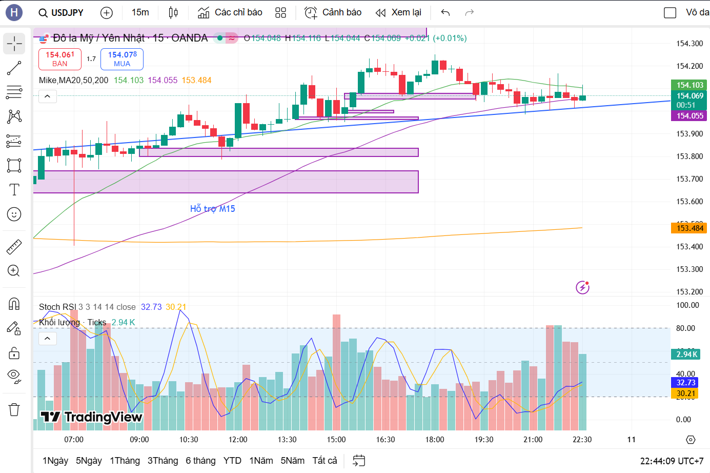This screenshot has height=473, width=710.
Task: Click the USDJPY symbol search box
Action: pyautogui.click(x=62, y=13)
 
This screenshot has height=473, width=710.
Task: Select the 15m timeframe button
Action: pyautogui.click(x=140, y=12)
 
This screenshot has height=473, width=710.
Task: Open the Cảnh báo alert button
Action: pyautogui.click(x=333, y=12)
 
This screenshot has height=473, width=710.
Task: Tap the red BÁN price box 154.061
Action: pyautogui.click(x=60, y=59)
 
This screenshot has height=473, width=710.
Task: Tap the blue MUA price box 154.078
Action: pyautogui.click(x=122, y=59)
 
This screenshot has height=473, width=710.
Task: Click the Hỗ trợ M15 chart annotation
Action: pyautogui.click(x=212, y=209)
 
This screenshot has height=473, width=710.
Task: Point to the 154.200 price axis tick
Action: pyautogui.click(x=689, y=66)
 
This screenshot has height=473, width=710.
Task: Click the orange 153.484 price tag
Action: pyautogui.click(x=689, y=228)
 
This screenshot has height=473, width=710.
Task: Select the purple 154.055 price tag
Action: pyautogui.click(x=689, y=116)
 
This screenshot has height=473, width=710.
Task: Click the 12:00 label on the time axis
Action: pyautogui.click(x=238, y=440)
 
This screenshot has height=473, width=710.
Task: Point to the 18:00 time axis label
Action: pyautogui.click(x=435, y=440)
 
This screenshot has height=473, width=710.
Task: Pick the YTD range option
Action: pyautogui.click(x=232, y=461)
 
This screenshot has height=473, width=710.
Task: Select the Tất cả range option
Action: pyautogui.click(x=324, y=461)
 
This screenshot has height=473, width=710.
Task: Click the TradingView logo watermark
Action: pyautogui.click(x=91, y=417)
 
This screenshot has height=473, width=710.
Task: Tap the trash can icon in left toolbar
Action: pyautogui.click(x=14, y=409)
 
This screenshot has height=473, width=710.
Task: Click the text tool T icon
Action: pyautogui.click(x=14, y=190)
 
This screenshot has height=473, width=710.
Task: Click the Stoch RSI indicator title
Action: pyautogui.click(x=57, y=307)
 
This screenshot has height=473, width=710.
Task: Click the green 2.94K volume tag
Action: pyautogui.click(x=686, y=354)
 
